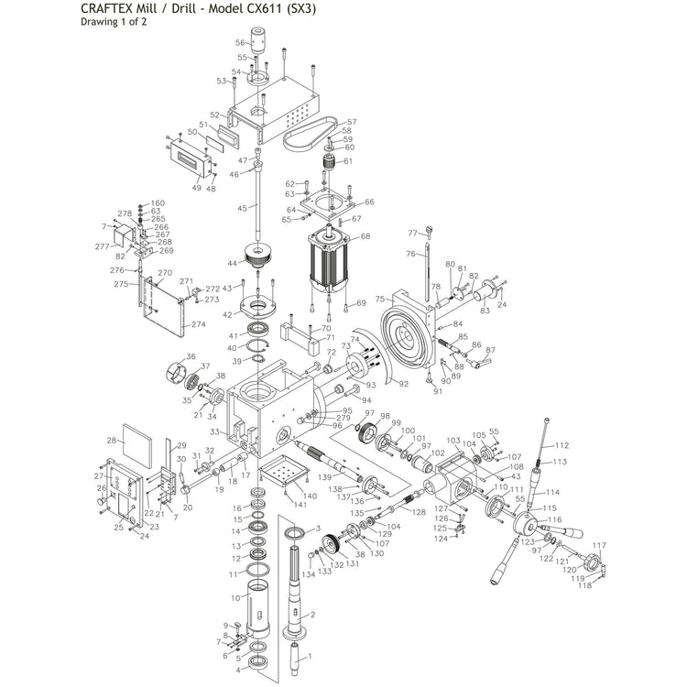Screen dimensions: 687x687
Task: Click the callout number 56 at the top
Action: click(240, 42)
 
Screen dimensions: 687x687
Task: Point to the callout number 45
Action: click(242, 209)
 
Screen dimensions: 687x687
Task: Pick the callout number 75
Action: click(380, 299)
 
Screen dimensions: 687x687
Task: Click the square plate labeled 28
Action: click(135, 452)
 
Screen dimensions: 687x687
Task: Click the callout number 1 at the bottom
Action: click(309, 656)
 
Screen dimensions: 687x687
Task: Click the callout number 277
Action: click(102, 246)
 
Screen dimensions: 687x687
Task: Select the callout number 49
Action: click(196, 188)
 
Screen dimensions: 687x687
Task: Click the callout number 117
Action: click(601, 546)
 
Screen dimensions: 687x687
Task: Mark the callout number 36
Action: click(191, 357)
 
